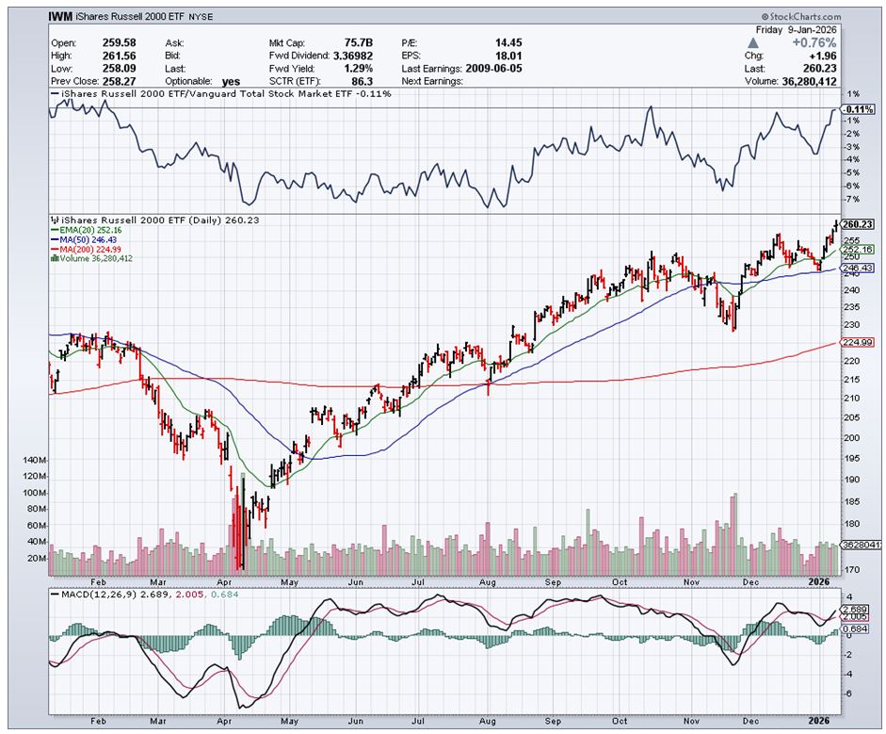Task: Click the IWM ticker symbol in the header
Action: coord(63,17)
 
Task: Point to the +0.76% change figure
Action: coord(815,42)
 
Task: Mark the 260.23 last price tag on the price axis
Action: coord(857,223)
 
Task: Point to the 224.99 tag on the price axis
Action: coord(856,343)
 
